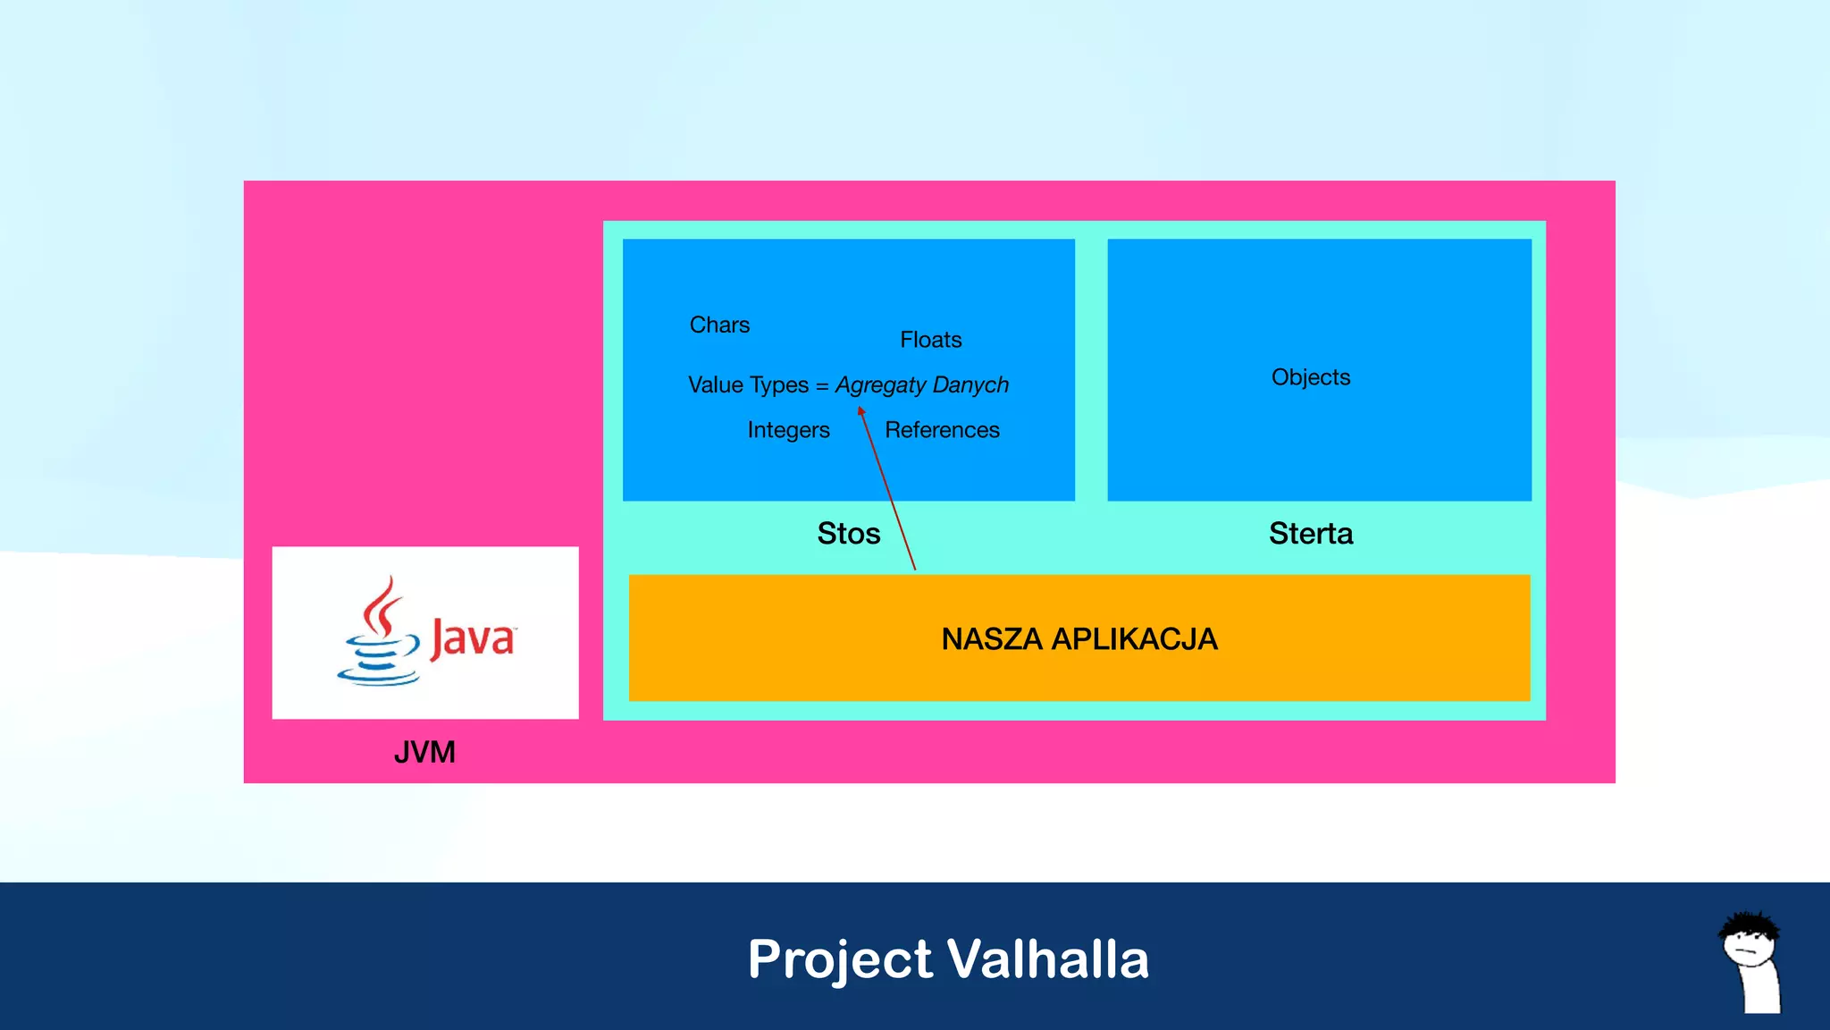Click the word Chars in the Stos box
pyautogui.click(x=719, y=325)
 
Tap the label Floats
pyautogui.click(x=930, y=340)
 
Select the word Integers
pyautogui.click(x=788, y=430)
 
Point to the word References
pyautogui.click(x=942, y=430)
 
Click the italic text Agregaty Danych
pyautogui.click(x=921, y=385)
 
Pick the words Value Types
pyautogui.click(x=748, y=385)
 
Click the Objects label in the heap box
pyautogui.click(x=1310, y=377)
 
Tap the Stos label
pyautogui.click(x=848, y=534)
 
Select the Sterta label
pyautogui.click(x=1310, y=534)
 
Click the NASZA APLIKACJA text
pyautogui.click(x=1079, y=639)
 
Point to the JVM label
pyautogui.click(x=424, y=752)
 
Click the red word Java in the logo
pyautogui.click(x=473, y=638)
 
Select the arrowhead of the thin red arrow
pyautogui.click(x=861, y=411)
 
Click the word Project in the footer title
pyautogui.click(x=840, y=959)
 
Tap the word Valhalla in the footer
pyautogui.click(x=1047, y=959)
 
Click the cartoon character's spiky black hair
pyautogui.click(x=1750, y=924)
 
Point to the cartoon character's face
pyautogui.click(x=1749, y=947)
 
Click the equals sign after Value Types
pyautogui.click(x=821, y=386)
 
